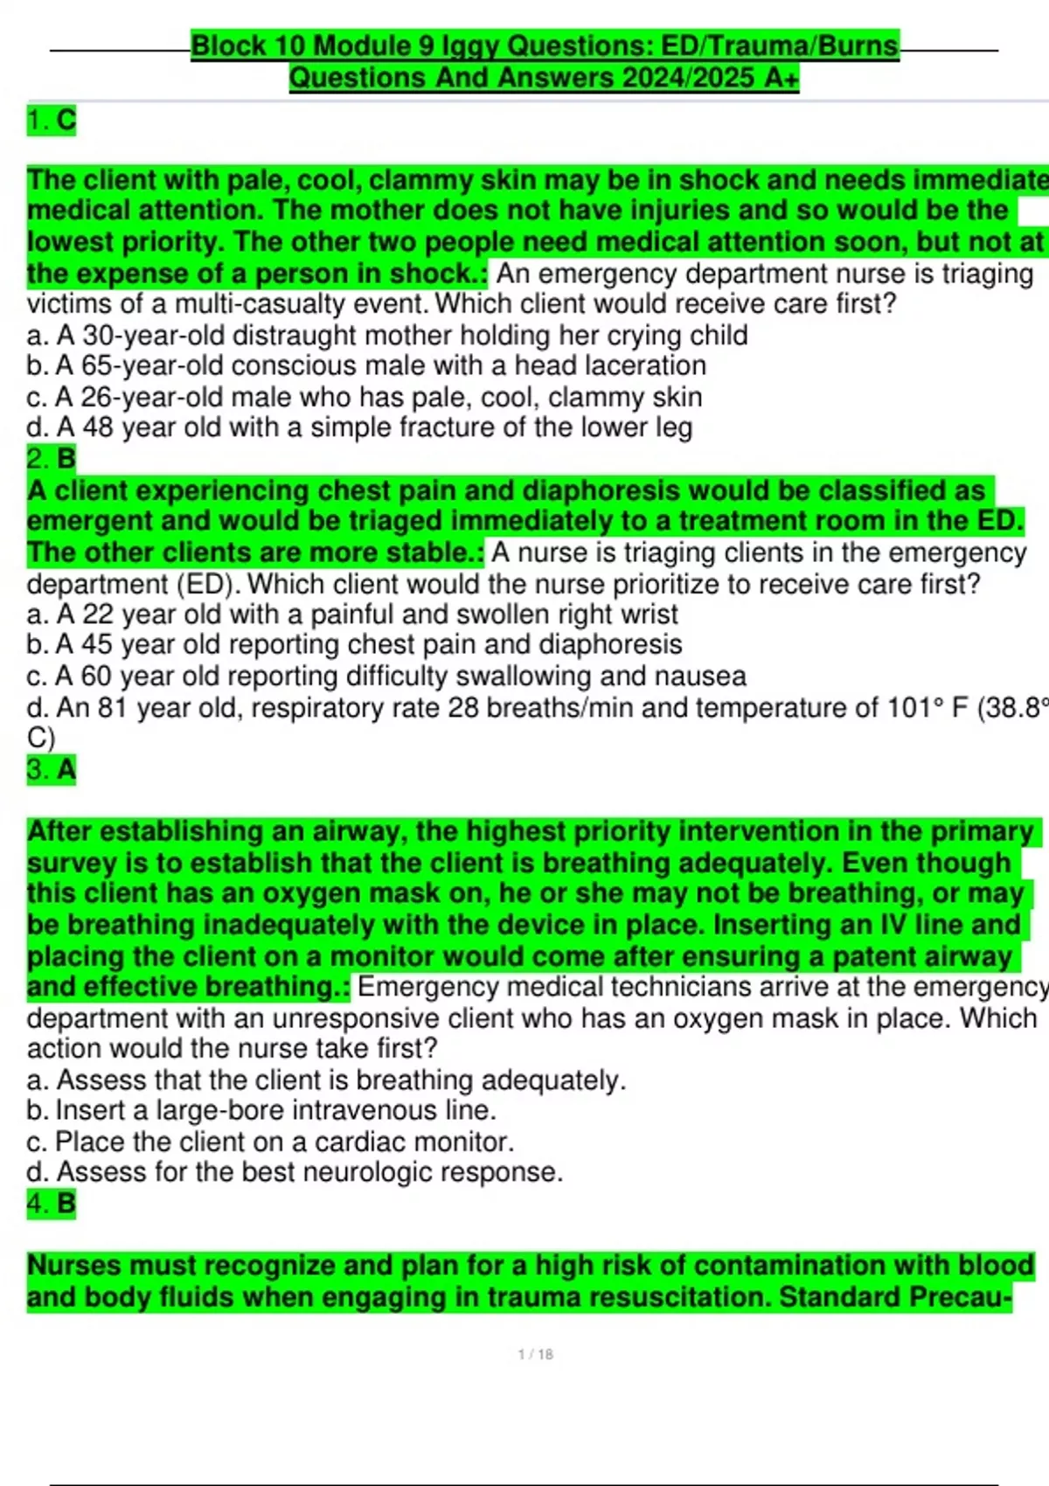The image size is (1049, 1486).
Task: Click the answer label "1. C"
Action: [x=52, y=120]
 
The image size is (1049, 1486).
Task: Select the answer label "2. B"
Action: [x=52, y=458]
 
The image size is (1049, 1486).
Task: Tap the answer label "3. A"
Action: [x=52, y=769]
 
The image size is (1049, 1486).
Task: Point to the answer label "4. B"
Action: [x=52, y=1204]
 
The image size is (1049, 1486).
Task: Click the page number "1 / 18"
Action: [x=535, y=1354]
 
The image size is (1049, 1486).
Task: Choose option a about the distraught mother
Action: [x=387, y=335]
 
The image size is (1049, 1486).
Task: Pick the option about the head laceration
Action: [x=366, y=365]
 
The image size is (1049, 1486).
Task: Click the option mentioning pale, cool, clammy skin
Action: [x=365, y=397]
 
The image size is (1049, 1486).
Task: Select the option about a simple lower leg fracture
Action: [x=359, y=427]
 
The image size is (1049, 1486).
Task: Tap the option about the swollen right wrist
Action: [x=352, y=614]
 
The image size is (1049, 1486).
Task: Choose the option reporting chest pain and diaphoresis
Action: [x=354, y=644]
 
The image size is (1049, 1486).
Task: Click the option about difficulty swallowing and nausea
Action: [x=386, y=676]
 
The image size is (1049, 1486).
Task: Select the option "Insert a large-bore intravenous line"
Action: [x=261, y=1110]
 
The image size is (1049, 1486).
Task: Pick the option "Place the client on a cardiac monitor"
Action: [x=270, y=1142]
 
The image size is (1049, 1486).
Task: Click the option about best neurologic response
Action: [x=295, y=1171]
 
